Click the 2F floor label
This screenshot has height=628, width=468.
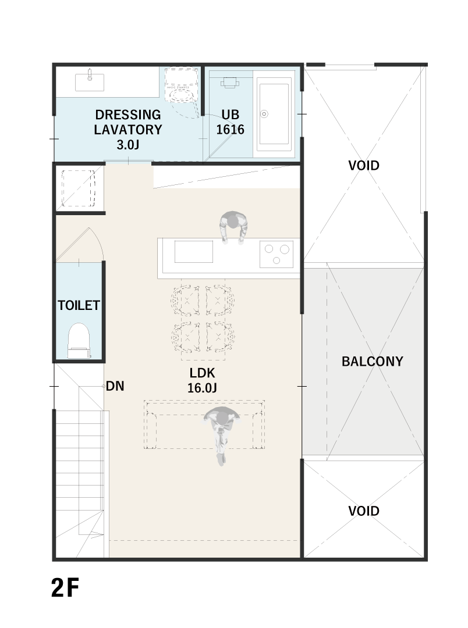(65, 587)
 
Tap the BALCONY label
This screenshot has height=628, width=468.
(372, 361)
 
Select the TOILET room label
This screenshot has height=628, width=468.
(79, 305)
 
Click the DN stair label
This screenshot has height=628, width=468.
(115, 386)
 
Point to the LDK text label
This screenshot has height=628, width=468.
(203, 373)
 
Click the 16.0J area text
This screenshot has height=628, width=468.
(203, 388)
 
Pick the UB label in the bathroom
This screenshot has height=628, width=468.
(231, 115)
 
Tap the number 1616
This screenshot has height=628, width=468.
(231, 129)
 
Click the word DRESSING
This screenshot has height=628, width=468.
(128, 115)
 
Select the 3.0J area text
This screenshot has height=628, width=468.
(128, 144)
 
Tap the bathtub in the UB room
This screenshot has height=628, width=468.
(274, 114)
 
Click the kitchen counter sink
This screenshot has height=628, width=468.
(194, 252)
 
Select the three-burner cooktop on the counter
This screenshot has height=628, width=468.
(276, 254)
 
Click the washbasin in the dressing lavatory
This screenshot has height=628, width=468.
(90, 81)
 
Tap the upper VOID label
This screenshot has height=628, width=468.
(364, 165)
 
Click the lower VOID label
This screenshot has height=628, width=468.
(364, 511)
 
